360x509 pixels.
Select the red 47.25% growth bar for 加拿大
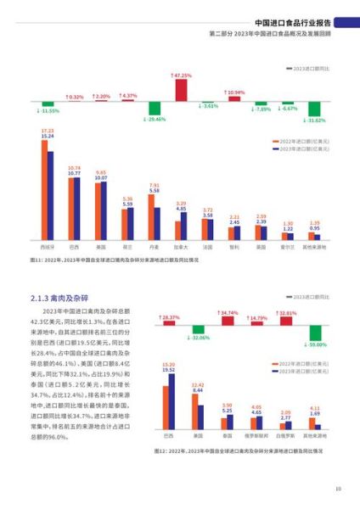tap(181, 89)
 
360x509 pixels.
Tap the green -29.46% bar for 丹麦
tap(155, 109)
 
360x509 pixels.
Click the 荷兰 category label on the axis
tap(127, 248)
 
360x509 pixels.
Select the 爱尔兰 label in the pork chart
tap(288, 248)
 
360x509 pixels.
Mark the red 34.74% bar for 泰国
tap(228, 320)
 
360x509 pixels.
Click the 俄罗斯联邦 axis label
tap(256, 438)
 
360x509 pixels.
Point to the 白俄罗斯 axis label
tap(286, 438)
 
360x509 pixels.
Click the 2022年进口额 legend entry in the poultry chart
tap(310, 362)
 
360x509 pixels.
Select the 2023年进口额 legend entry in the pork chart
tap(310, 148)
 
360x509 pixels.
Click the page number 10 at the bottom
tap(337, 489)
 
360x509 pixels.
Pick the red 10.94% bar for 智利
tap(234, 98)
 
